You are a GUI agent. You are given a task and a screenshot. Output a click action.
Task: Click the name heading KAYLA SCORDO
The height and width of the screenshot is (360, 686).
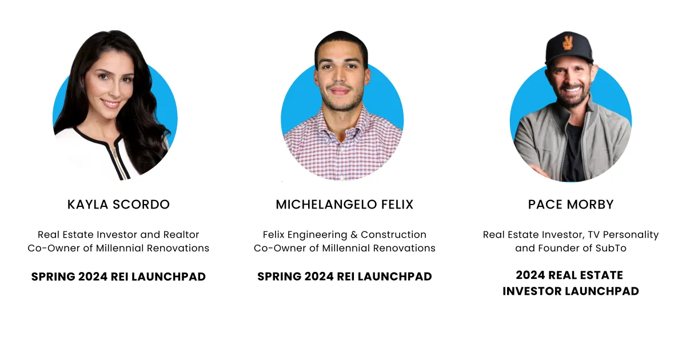tap(118, 205)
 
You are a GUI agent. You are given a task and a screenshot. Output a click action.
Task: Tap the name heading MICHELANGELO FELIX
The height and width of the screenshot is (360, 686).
tap(345, 205)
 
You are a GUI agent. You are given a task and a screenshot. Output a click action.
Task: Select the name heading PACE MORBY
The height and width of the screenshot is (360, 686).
tap(571, 205)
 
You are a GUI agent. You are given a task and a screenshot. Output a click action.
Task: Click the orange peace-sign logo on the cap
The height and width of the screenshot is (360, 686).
tap(568, 43)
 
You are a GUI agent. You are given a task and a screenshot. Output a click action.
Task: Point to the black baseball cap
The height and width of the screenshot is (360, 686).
tap(568, 49)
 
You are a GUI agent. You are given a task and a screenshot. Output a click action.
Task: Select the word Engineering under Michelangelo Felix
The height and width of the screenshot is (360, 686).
tap(317, 235)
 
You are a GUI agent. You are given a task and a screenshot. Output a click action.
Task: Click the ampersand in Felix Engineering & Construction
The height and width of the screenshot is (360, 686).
tap(354, 234)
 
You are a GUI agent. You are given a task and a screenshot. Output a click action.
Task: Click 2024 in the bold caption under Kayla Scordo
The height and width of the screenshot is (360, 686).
tap(93, 277)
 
